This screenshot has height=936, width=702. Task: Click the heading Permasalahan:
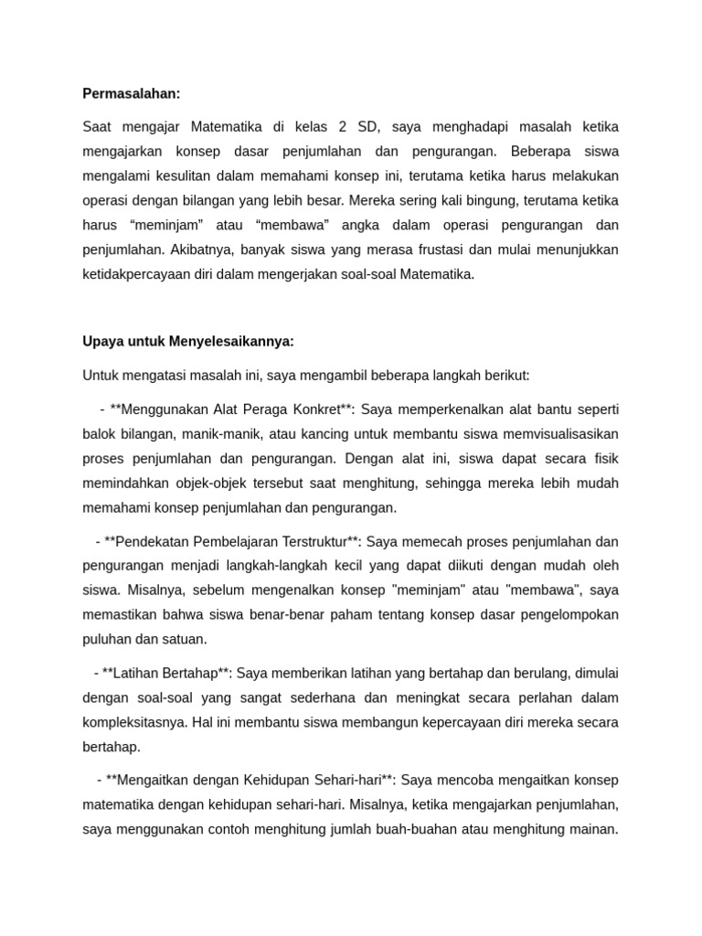tap(132, 92)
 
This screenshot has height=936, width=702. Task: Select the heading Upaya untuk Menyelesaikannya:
tap(188, 341)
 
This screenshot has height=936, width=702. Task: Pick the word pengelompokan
tap(559, 614)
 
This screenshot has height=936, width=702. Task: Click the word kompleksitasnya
tap(133, 722)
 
